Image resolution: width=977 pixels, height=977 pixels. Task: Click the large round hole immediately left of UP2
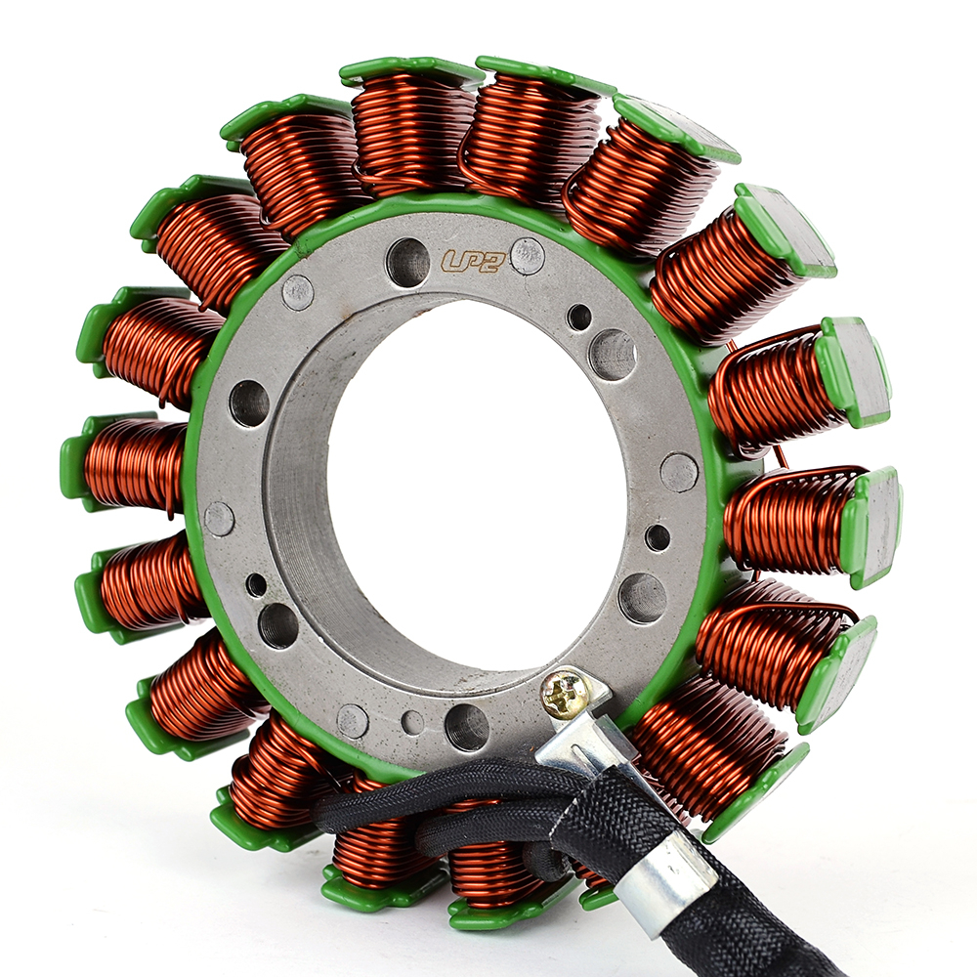coord(408,262)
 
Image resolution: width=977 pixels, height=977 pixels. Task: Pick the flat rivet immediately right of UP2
coord(528,256)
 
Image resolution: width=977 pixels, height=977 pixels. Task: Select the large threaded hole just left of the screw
coord(467,727)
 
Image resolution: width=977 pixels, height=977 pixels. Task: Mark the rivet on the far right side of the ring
coord(679,472)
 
